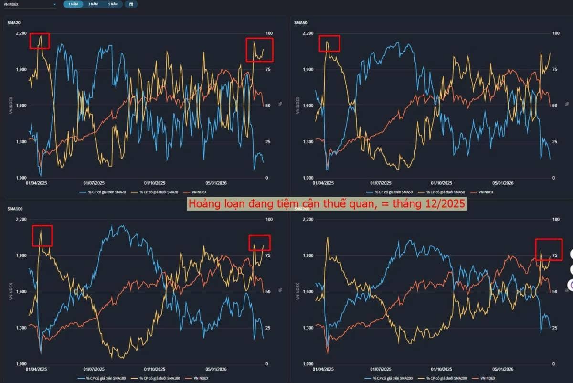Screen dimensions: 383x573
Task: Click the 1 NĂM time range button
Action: pos(73,4)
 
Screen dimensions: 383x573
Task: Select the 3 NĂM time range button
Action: pos(93,4)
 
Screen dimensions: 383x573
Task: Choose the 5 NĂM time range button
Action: pos(112,4)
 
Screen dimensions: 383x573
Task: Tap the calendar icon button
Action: pos(131,4)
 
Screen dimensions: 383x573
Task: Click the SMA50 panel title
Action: pos(300,22)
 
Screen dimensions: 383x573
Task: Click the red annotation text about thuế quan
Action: pos(327,204)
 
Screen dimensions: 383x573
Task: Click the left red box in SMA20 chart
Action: pos(40,41)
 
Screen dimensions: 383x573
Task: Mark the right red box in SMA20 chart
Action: pos(259,50)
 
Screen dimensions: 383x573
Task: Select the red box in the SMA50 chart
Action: pos(329,43)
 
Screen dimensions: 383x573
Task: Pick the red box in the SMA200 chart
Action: pos(549,249)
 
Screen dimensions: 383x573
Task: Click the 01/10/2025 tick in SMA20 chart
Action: pos(155,183)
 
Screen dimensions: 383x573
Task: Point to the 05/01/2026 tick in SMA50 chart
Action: pos(503,183)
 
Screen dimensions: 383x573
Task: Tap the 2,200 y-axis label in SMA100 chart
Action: pos(21,219)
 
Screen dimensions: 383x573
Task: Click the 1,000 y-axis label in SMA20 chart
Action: pos(21,178)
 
